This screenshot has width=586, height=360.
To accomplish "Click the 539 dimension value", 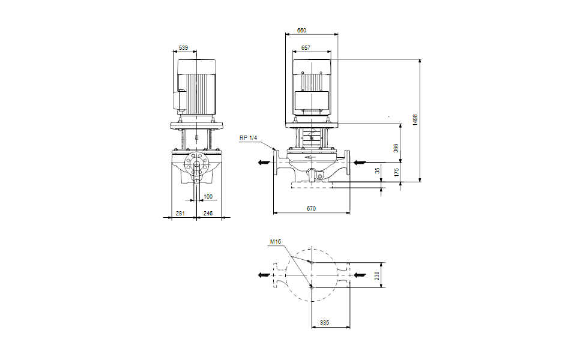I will (x=184, y=47).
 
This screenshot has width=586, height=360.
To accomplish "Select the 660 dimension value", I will (x=301, y=30).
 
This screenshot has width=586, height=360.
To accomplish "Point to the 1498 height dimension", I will (x=415, y=119).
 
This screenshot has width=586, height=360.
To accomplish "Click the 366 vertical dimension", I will (x=396, y=148).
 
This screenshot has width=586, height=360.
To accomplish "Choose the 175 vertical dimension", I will (x=396, y=172).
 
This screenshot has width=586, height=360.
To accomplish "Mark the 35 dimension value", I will (x=378, y=171).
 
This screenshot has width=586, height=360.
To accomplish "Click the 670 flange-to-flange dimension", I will (x=310, y=208).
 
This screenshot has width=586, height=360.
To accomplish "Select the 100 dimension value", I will (x=208, y=196).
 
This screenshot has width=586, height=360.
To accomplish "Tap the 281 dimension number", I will (x=180, y=213).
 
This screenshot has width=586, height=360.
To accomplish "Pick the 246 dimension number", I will (x=208, y=213).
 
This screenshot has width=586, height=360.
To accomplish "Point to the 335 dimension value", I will (x=324, y=323).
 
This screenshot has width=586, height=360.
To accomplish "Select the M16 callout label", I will (x=276, y=242).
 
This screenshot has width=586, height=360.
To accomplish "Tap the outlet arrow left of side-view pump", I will (x=264, y=162).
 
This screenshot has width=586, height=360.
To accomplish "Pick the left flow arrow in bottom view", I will (x=264, y=275).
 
